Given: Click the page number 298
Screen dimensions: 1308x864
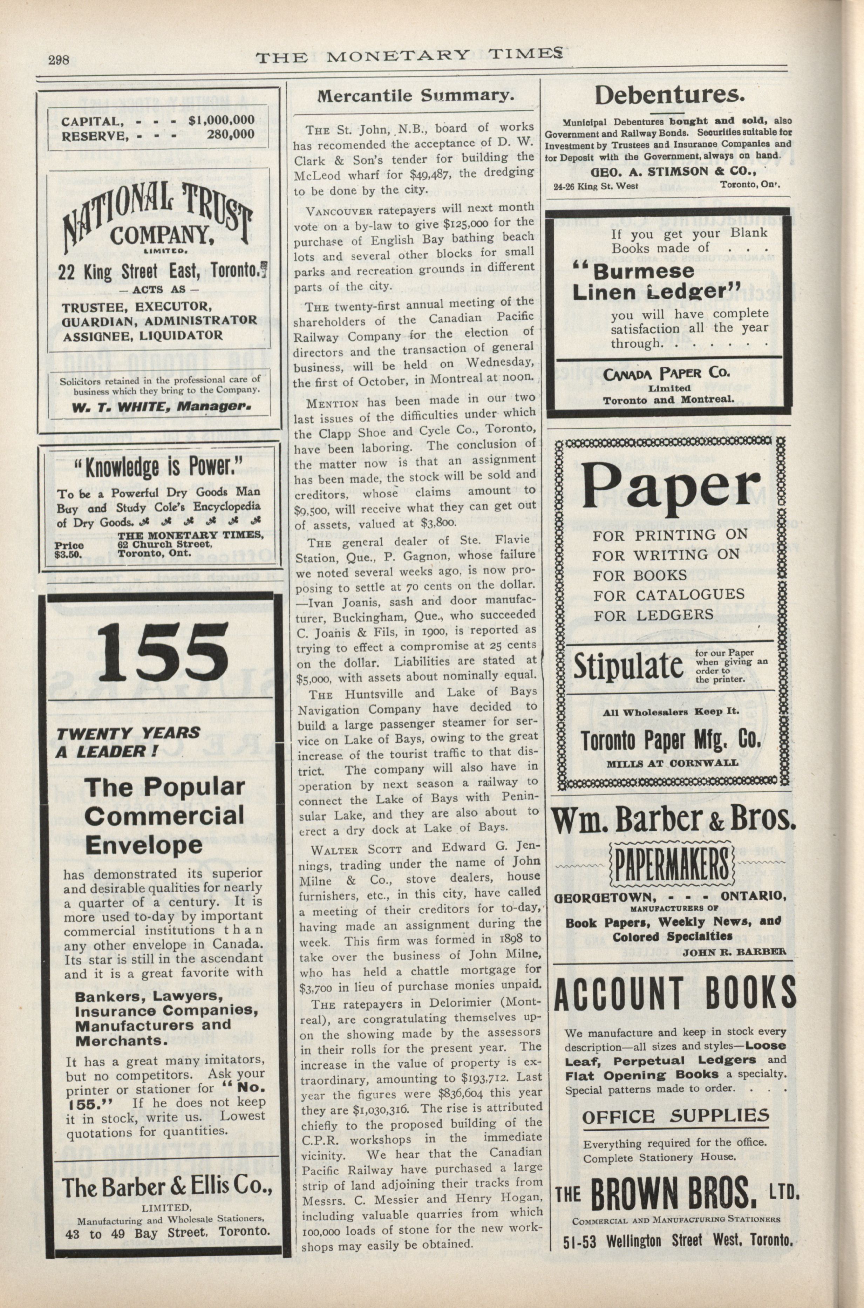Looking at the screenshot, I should pos(59,60).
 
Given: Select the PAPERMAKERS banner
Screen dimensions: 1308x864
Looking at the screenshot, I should pos(673,865).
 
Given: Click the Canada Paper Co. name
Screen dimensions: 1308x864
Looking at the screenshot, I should pos(667,373).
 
